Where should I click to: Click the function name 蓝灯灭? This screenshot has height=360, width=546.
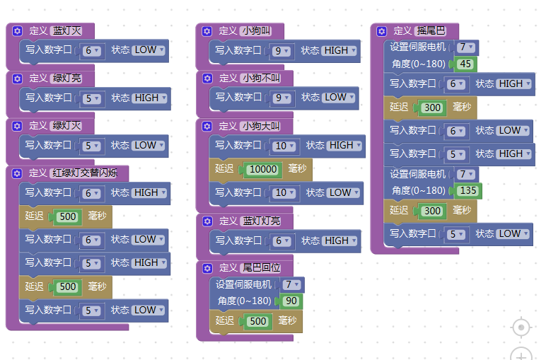point(67,30)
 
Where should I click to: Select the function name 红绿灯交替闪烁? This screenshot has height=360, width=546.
point(85,173)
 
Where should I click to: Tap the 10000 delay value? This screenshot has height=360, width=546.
point(263,169)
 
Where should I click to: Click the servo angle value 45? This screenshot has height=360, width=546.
point(465,64)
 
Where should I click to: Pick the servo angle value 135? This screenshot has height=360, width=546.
point(468,190)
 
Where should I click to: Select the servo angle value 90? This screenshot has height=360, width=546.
point(291,301)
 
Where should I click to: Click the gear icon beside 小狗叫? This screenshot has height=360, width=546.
point(207,31)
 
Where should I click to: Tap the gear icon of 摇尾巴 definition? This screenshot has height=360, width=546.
point(382,31)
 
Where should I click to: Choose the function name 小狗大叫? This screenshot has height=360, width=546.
point(261,126)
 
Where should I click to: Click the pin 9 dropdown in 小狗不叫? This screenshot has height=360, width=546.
point(281,98)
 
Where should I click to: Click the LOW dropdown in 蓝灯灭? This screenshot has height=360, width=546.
point(149,50)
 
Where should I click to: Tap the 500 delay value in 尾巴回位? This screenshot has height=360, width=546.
point(258,321)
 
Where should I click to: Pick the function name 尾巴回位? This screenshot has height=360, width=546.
point(262,267)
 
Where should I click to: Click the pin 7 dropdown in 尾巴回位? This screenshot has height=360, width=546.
point(292,285)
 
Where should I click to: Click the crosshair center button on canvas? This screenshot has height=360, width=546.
point(521,327)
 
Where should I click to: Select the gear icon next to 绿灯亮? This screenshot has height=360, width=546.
point(17,79)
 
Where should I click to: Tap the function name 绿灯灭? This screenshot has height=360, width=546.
point(66,125)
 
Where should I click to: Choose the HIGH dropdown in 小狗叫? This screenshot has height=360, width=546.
point(339,50)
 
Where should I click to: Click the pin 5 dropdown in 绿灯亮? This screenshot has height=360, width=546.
point(91,98)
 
